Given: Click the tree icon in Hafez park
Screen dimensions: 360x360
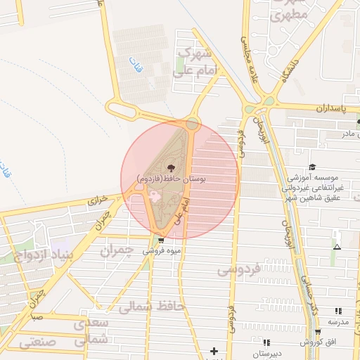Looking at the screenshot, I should tap(172, 167).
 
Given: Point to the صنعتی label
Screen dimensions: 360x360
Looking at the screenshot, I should tap(33, 342).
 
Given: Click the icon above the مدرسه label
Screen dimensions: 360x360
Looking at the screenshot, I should tap(338, 310).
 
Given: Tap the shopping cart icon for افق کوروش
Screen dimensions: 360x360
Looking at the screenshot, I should tap(318, 332).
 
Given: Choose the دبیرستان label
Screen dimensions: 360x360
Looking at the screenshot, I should tap(266, 354).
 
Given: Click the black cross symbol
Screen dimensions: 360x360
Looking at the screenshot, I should tap(214, 350).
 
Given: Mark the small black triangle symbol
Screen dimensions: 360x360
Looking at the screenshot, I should tap(337, 247).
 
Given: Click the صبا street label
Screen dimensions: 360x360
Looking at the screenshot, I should tap(36, 317).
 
